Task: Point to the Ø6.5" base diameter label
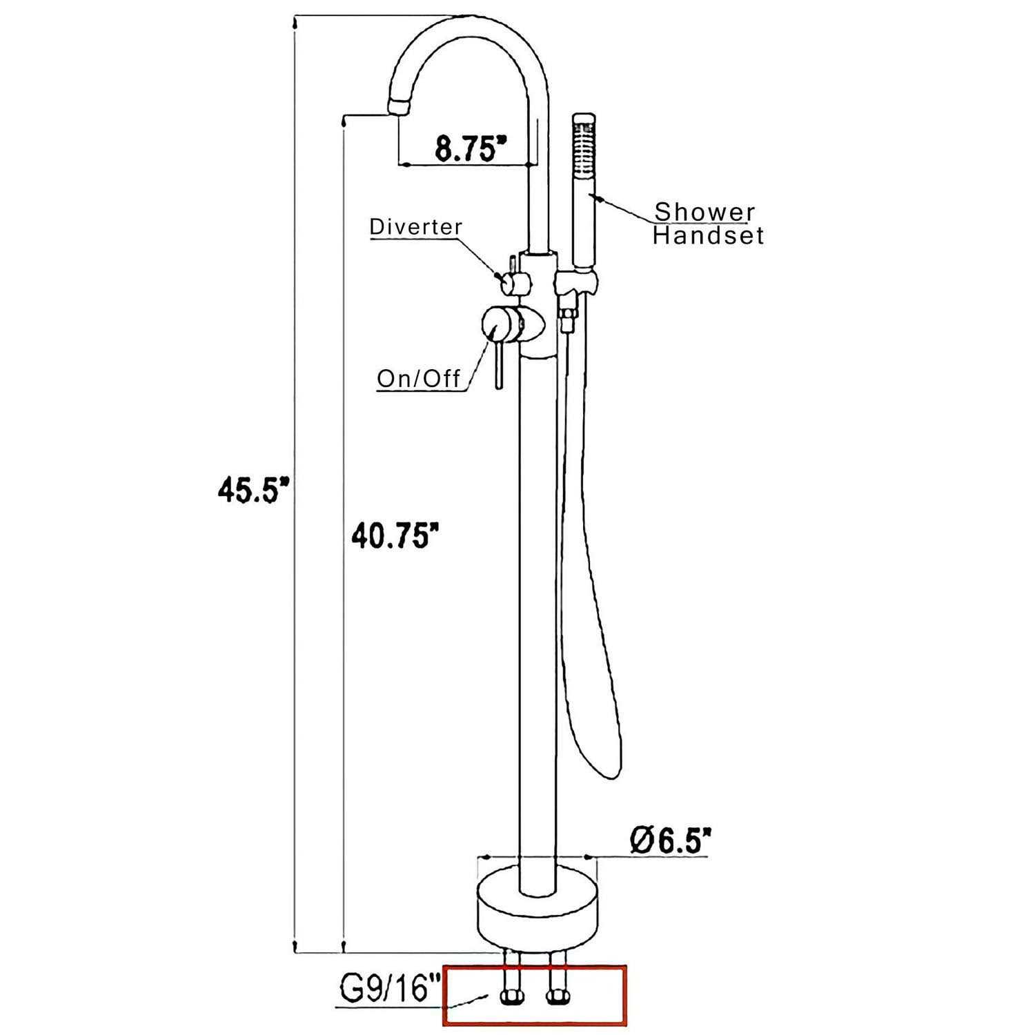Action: tap(670, 840)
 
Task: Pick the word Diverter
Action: tap(416, 227)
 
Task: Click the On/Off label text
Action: tap(419, 379)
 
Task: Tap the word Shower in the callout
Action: tap(704, 213)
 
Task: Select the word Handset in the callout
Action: tap(709, 236)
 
